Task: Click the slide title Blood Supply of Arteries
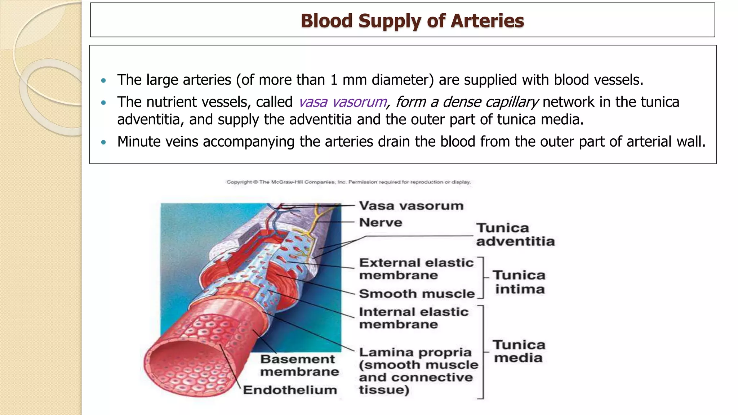(412, 21)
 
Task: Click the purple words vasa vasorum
(343, 102)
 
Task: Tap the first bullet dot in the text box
(104, 81)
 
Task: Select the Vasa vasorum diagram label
(411, 206)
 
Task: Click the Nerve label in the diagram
(381, 223)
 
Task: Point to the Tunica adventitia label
(515, 235)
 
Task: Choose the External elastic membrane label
(416, 269)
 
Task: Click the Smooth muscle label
(417, 294)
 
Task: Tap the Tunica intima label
(519, 282)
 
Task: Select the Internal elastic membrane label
(413, 318)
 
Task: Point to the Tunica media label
(519, 351)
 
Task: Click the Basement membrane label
(299, 365)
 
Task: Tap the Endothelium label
(290, 390)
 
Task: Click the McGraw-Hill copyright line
(348, 182)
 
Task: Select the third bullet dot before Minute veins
(104, 143)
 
